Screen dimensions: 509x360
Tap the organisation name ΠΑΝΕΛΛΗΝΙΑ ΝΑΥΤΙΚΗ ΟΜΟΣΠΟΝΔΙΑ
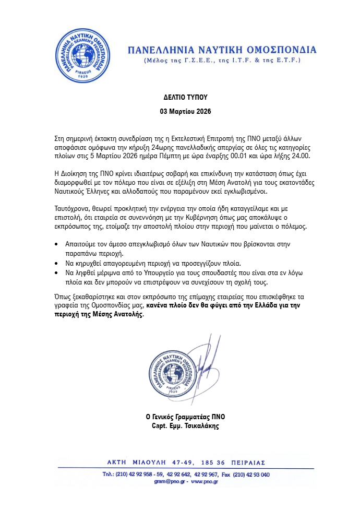pos(222,50)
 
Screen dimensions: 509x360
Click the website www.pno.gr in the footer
pos(204,483)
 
